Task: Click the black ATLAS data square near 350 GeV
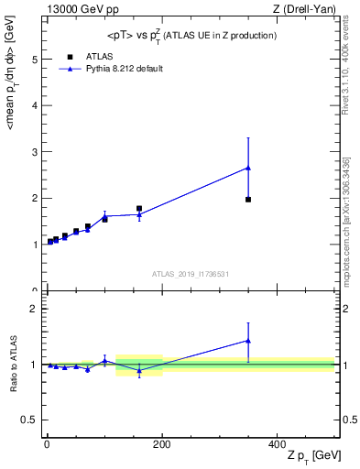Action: coord(248,199)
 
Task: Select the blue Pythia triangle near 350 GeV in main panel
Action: coord(248,168)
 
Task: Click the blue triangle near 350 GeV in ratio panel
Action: coord(248,341)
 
